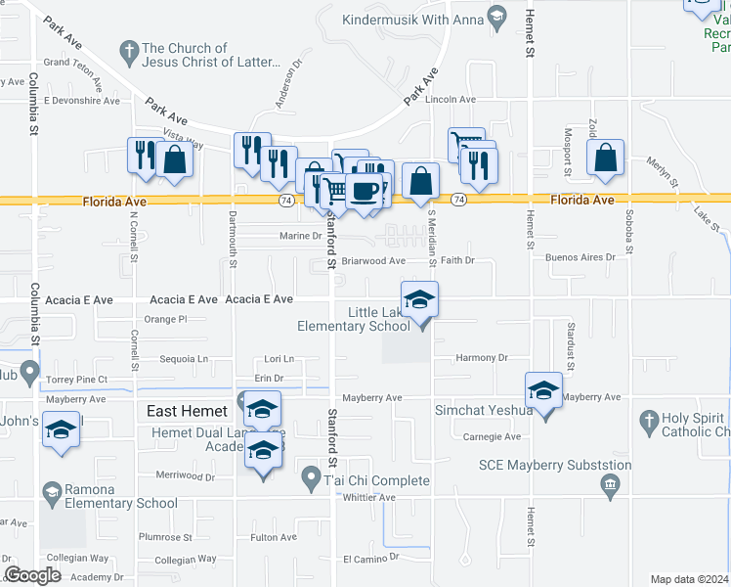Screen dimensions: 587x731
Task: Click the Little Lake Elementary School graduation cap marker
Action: coord(419,298)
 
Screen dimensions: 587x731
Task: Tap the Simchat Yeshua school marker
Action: coord(543,390)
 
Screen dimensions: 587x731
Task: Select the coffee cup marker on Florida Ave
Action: coord(365,190)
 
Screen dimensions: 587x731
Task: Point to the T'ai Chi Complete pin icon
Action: coord(311,478)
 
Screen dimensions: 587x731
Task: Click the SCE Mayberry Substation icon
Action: coord(611,483)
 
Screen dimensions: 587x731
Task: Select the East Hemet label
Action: coord(187,411)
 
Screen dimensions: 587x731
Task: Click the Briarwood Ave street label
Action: coord(373,261)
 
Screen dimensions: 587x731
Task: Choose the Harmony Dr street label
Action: coord(483,358)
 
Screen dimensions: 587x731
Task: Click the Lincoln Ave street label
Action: coord(451,100)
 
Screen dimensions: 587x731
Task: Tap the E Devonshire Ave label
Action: coord(80,101)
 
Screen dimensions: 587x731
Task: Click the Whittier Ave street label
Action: coord(367,497)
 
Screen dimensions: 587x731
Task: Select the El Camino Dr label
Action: coord(371,557)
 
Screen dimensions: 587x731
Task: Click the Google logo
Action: coord(32,574)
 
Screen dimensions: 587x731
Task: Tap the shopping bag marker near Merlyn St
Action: coord(605,157)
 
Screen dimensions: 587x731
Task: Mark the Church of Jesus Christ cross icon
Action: coord(128,49)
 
